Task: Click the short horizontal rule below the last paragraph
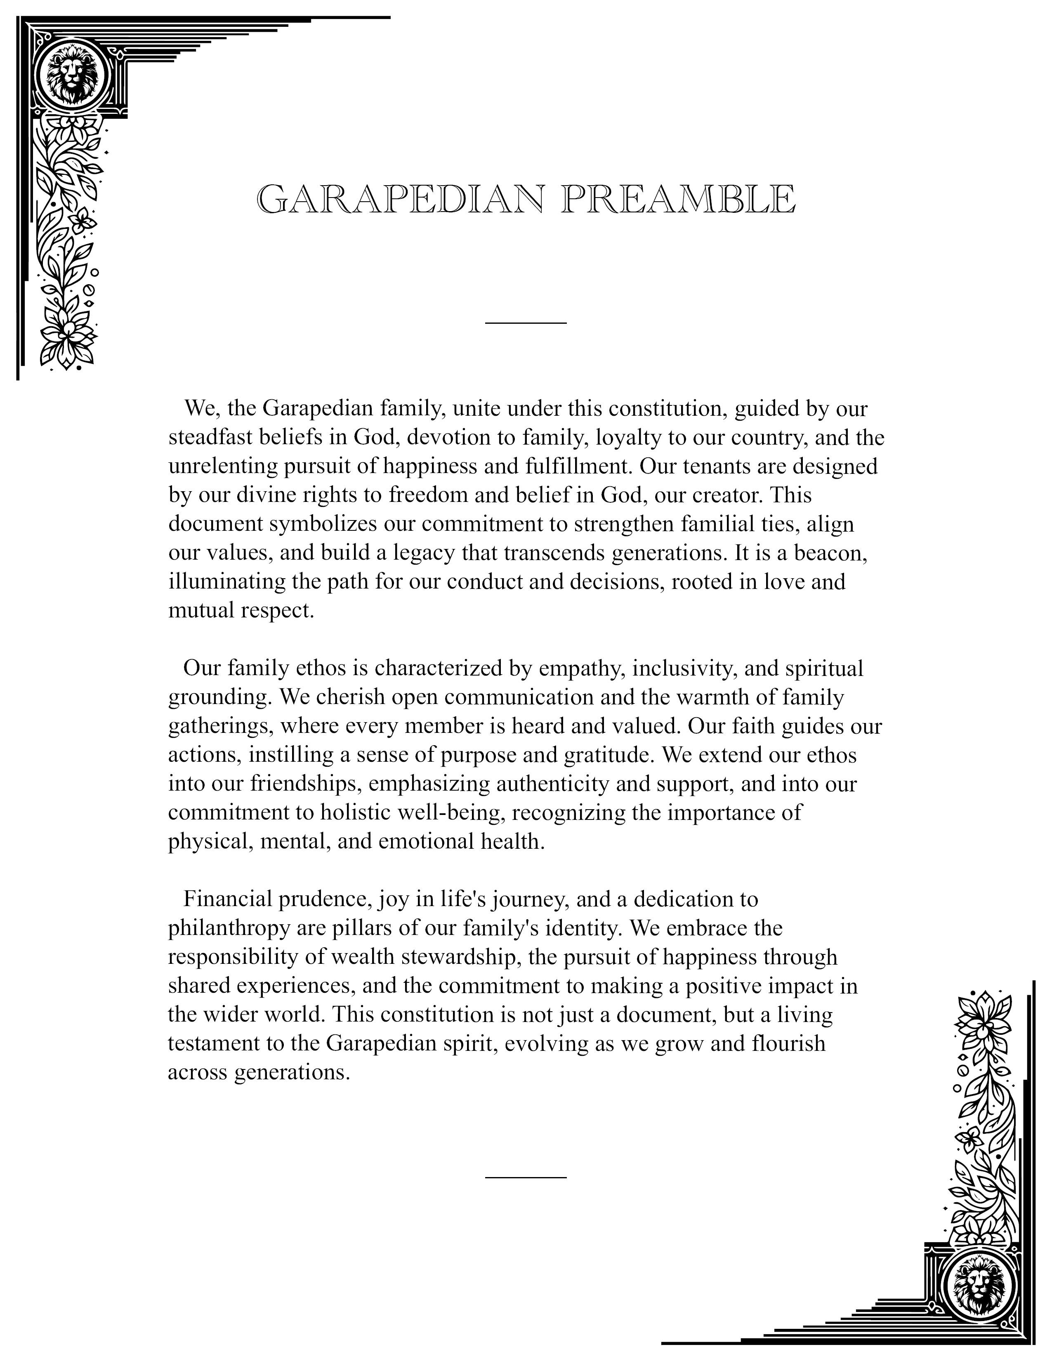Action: (525, 1177)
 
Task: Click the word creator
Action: (723, 495)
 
